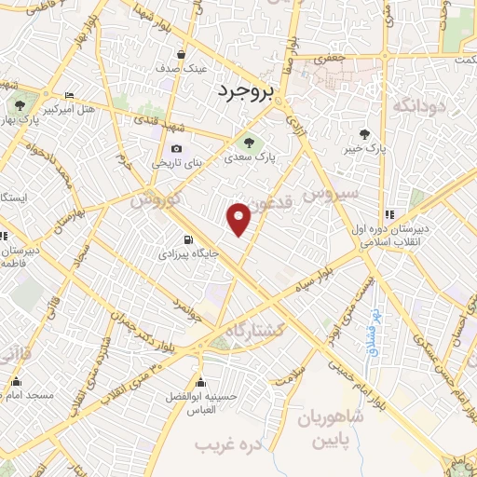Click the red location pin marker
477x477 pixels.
coord(239,219)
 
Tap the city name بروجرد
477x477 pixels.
coord(249,91)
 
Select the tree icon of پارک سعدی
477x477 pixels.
coord(248,142)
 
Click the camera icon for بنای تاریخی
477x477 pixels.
coord(177,148)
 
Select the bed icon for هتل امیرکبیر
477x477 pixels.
coord(70,96)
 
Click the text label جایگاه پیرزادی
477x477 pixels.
coord(187,252)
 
